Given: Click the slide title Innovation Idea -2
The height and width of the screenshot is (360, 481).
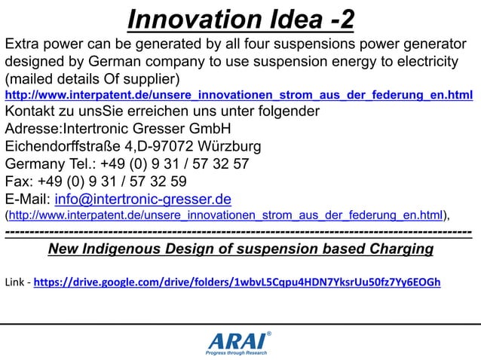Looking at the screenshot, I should point(240,20).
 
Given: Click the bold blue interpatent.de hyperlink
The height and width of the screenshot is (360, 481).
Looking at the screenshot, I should point(239,96).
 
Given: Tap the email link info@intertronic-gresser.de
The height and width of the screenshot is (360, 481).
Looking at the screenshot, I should point(142,200).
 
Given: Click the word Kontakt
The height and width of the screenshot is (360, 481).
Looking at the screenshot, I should point(31,111).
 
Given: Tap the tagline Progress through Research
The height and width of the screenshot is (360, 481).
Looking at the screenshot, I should point(236,352).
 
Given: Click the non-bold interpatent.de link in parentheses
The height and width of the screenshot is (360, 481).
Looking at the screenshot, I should point(225,216).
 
